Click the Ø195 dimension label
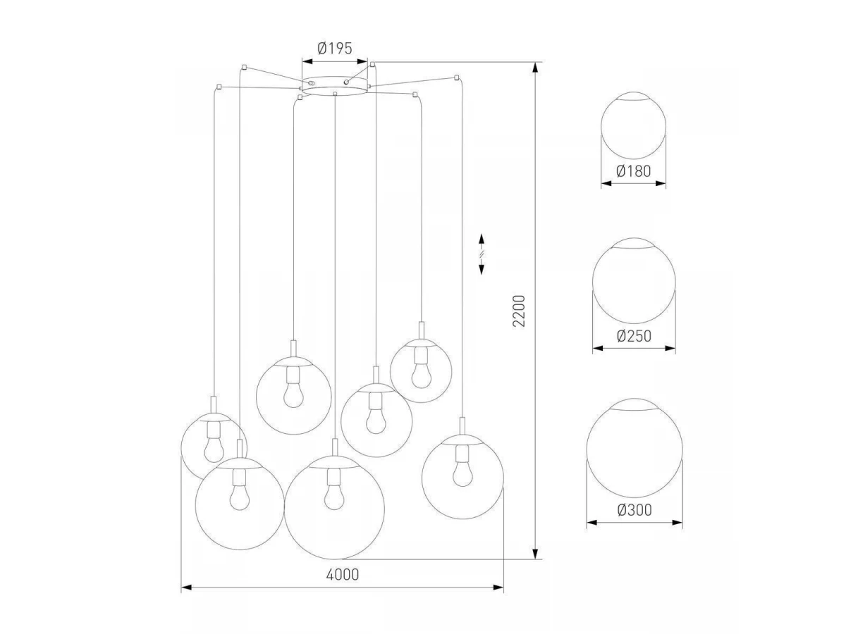click(334, 49)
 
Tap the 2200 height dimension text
click(520, 310)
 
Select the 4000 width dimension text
click(343, 574)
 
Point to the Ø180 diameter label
click(632, 170)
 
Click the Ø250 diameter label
click(634, 336)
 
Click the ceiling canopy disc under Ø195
click(334, 86)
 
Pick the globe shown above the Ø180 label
click(633, 125)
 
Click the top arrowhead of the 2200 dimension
click(537, 68)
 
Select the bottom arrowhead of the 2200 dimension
click(537, 554)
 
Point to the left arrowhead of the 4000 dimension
click(186, 587)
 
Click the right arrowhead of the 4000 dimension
click(499, 587)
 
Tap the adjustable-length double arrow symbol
click(482, 253)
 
